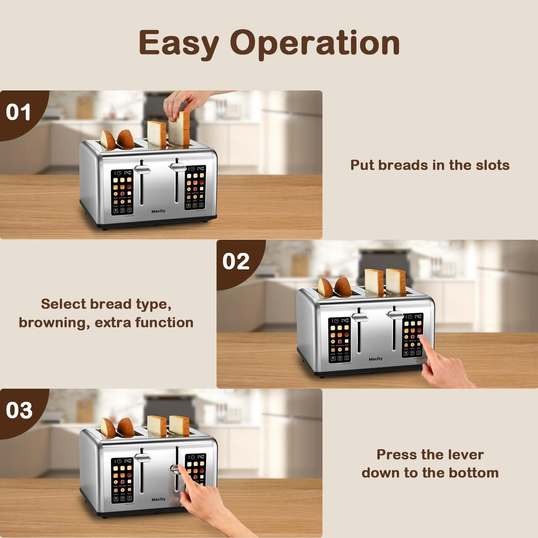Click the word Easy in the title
(x=179, y=43)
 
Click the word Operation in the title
(x=315, y=43)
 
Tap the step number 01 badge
(x=19, y=112)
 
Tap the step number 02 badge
(x=236, y=261)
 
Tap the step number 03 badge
(x=19, y=410)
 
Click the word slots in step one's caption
(x=492, y=165)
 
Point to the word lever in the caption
(x=465, y=454)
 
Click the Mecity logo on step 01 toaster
(x=158, y=211)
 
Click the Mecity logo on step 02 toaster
(x=375, y=359)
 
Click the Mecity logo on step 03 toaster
(x=158, y=499)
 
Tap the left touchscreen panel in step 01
(x=122, y=192)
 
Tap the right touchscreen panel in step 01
(x=195, y=187)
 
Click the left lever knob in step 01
(x=143, y=169)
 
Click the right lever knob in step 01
(x=178, y=167)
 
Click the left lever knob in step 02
(x=360, y=317)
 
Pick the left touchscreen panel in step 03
(x=122, y=480)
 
